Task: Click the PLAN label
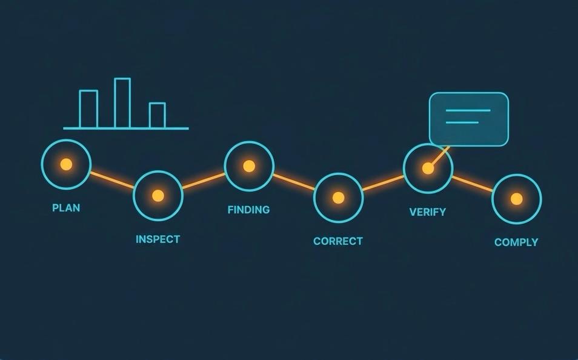(x=66, y=208)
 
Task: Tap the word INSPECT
(x=158, y=239)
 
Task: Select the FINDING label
(x=249, y=210)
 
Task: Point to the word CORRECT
(x=338, y=241)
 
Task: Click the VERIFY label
(x=428, y=212)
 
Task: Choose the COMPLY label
(x=516, y=242)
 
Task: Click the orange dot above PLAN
(x=67, y=164)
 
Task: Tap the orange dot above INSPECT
(x=158, y=196)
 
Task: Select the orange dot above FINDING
(x=249, y=166)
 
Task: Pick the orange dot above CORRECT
(x=339, y=198)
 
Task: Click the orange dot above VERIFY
(x=428, y=168)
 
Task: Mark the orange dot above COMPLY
(x=517, y=199)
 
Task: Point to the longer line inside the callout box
(x=468, y=110)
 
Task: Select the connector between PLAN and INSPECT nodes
(x=113, y=180)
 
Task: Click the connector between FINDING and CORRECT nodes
(x=294, y=182)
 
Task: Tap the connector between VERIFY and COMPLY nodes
(x=473, y=184)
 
